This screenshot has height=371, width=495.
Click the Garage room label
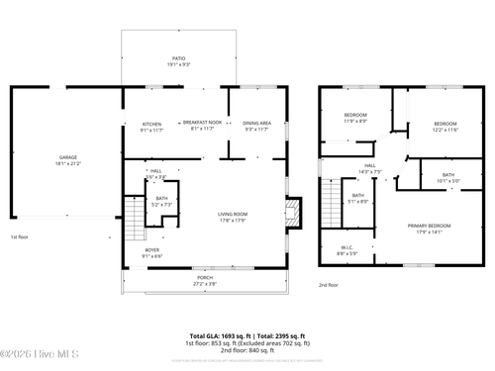(x=67, y=159)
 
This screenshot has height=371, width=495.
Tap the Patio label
(x=176, y=60)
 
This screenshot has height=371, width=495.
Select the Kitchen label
(x=150, y=126)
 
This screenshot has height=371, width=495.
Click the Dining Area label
(x=256, y=125)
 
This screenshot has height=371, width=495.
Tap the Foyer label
(x=151, y=252)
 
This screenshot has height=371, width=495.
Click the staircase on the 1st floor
(x=133, y=219)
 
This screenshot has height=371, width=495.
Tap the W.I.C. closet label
(x=346, y=249)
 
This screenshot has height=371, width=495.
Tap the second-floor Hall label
(x=369, y=168)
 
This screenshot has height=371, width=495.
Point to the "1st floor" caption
(x=20, y=237)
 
